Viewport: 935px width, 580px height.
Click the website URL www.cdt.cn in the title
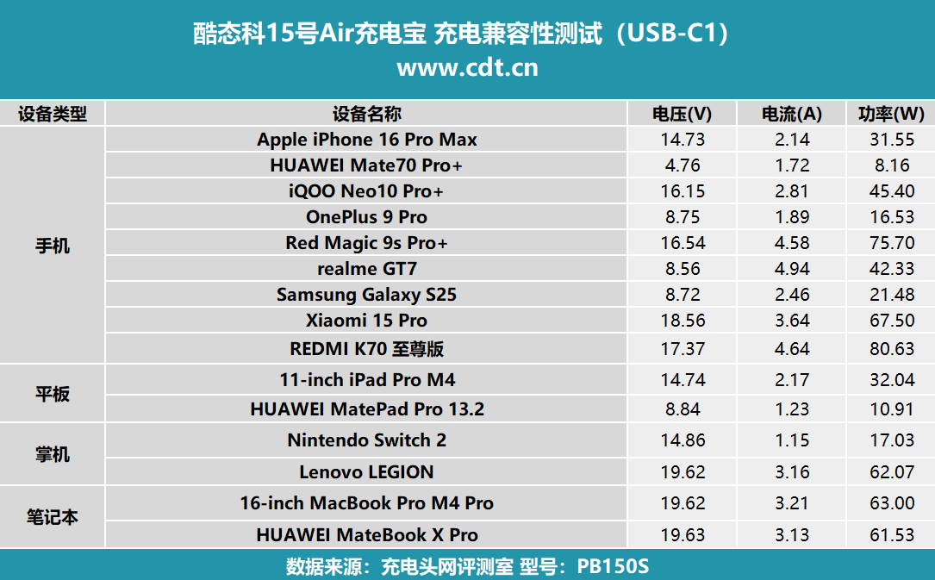click(x=467, y=67)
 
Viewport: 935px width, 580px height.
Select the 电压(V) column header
click(x=681, y=114)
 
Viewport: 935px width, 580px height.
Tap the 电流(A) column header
click(x=792, y=114)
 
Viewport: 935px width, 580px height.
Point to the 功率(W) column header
click(x=891, y=114)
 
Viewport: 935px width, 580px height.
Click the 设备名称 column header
click(x=366, y=114)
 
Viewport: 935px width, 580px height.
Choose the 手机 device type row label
click(x=53, y=246)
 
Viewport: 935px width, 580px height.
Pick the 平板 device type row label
click(x=53, y=395)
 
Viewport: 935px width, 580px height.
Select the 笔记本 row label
click(x=53, y=517)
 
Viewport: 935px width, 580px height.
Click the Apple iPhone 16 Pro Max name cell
click(x=366, y=140)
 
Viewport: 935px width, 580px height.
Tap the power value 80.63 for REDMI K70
click(x=892, y=348)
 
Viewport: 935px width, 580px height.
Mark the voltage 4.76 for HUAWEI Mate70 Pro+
click(x=681, y=165)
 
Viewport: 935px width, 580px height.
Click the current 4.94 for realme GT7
click(x=792, y=269)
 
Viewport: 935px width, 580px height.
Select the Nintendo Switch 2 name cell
click(x=366, y=440)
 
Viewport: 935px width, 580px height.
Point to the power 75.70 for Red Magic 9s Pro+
click(x=892, y=243)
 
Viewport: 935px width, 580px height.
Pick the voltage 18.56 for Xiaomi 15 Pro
click(x=681, y=321)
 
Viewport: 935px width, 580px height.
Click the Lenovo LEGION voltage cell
click(x=681, y=472)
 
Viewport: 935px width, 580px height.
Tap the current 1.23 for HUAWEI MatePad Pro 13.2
click(x=792, y=409)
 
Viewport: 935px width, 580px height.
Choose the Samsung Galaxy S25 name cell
click(x=366, y=295)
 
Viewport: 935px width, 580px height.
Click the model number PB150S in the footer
click(x=613, y=567)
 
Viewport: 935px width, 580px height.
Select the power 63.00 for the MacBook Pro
click(x=892, y=503)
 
